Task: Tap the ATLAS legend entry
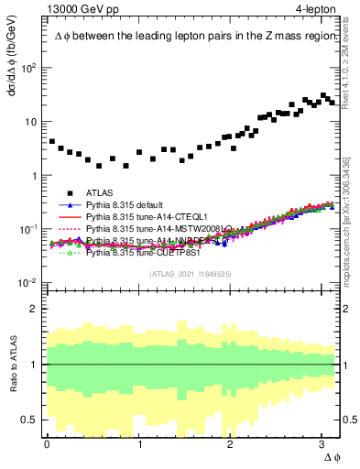[101, 192]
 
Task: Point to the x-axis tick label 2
[232, 444]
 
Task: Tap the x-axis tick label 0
[48, 444]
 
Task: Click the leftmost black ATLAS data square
[52, 142]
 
